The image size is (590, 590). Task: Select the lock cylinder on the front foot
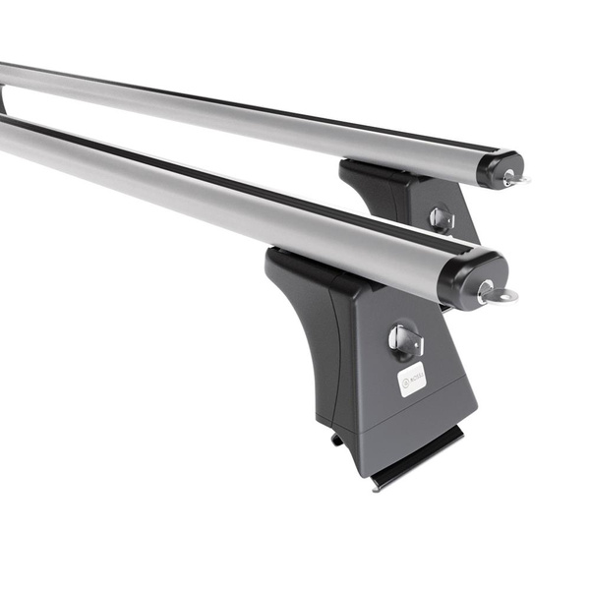pyautogui.click(x=404, y=340)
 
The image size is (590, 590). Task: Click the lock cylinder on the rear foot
pyautogui.click(x=441, y=218)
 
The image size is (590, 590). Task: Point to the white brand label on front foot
pyautogui.click(x=412, y=379)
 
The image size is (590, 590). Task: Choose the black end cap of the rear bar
pyautogui.click(x=498, y=167)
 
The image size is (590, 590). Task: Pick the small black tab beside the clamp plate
pyautogui.click(x=338, y=440)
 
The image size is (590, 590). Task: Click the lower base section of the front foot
pyautogui.click(x=413, y=423)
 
